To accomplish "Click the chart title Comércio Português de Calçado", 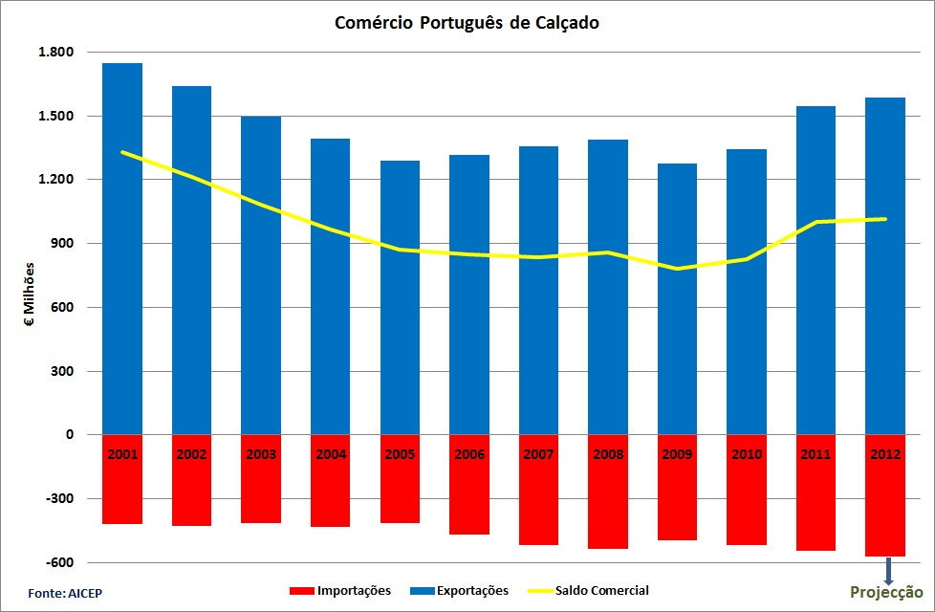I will [x=467, y=23].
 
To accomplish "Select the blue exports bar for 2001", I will [x=122, y=249].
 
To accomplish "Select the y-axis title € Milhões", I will [x=30, y=295].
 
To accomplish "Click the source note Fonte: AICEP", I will [x=65, y=594].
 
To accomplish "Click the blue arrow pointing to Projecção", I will [x=888, y=571].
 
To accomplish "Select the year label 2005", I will [x=400, y=454].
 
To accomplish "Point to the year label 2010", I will [x=747, y=454].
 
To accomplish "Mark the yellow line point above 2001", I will [x=122, y=153].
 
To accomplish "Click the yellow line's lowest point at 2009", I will [x=677, y=269].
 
